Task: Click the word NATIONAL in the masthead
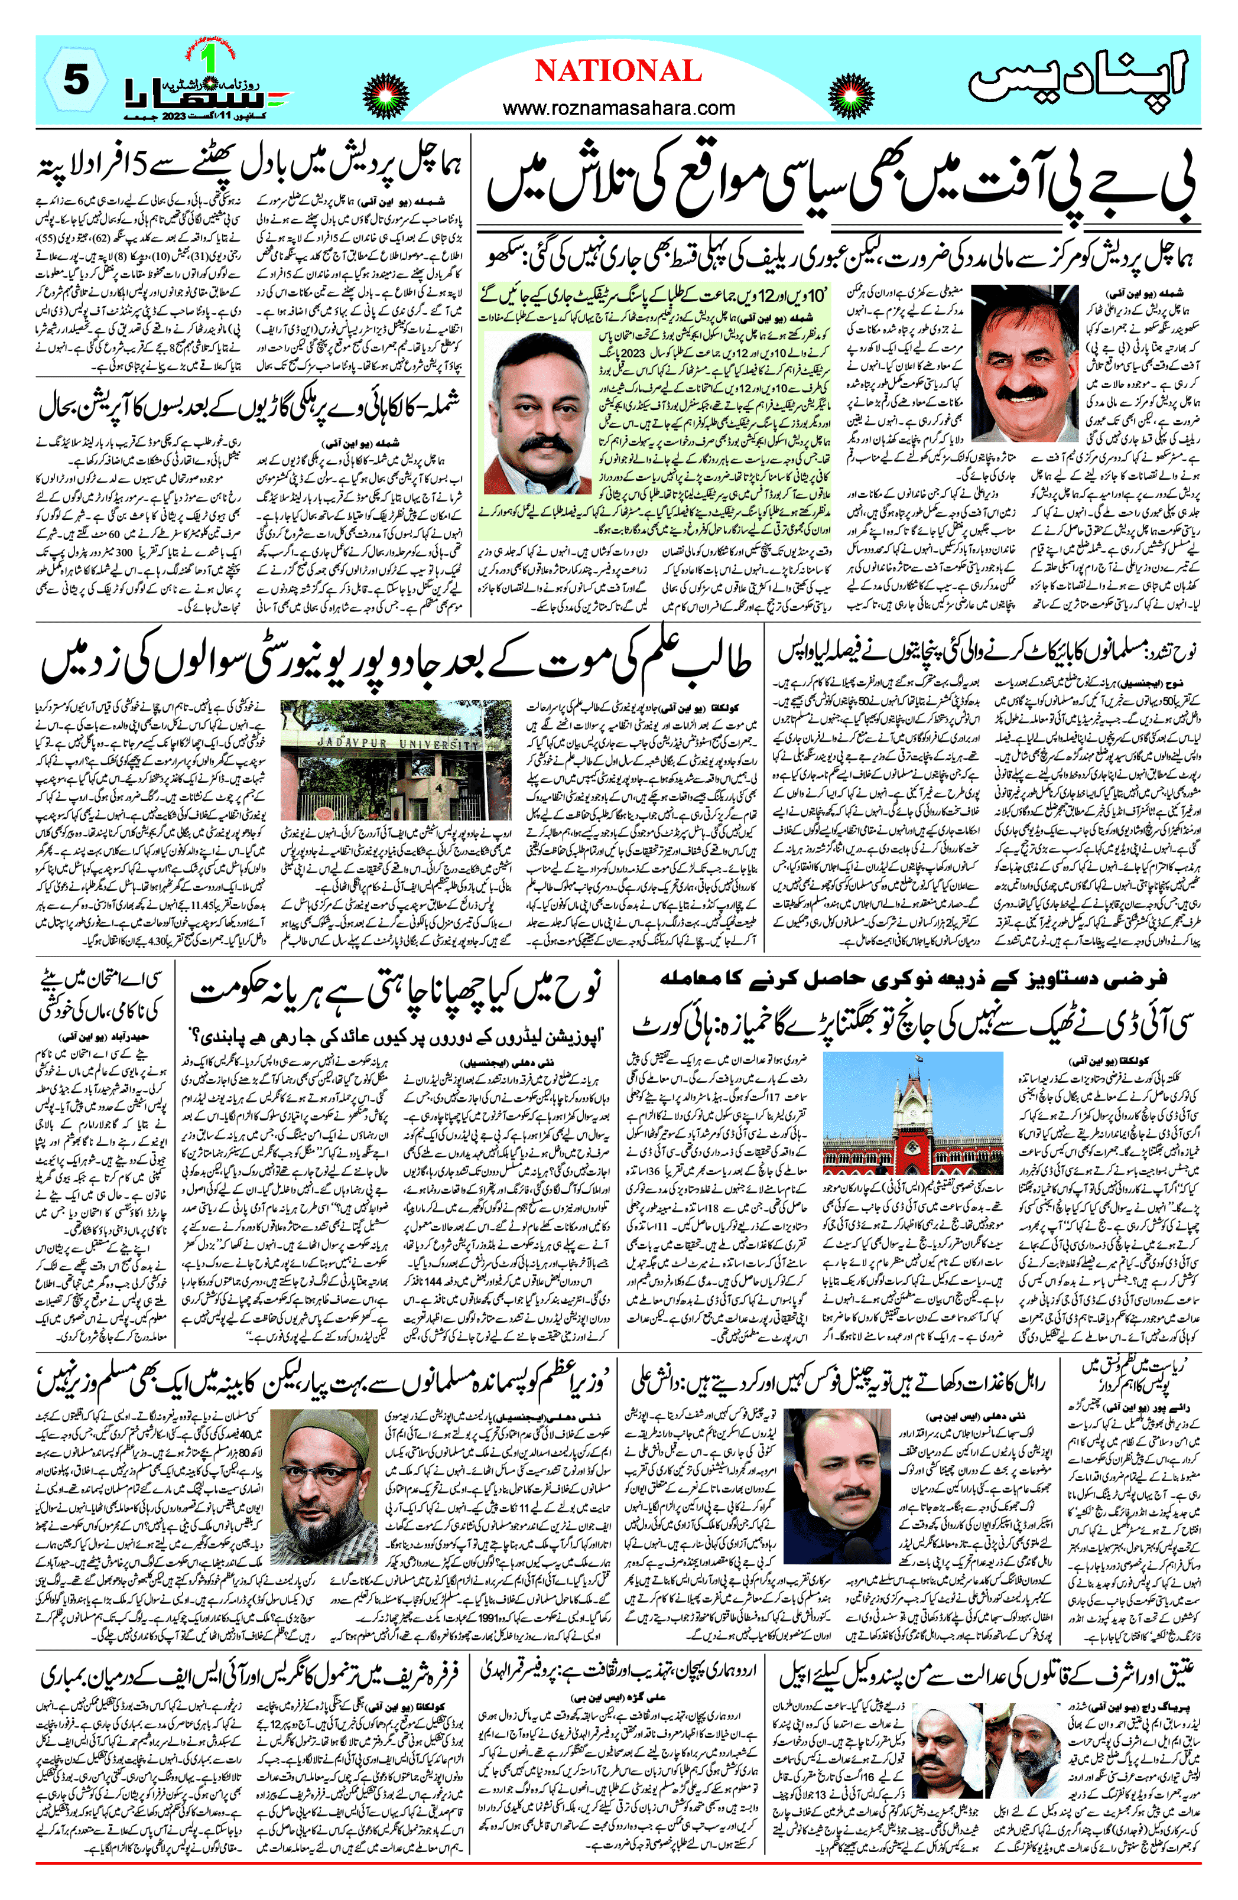click(618, 72)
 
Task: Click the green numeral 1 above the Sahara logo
click(210, 57)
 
